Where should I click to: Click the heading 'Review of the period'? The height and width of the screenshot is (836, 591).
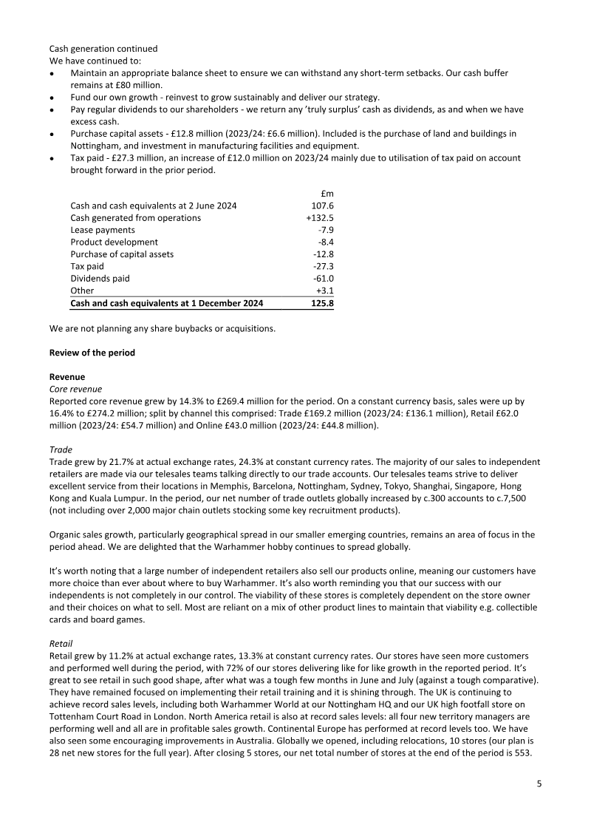(x=92, y=353)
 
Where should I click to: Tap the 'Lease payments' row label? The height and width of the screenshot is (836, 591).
(x=103, y=230)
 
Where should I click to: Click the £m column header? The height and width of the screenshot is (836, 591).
(x=327, y=194)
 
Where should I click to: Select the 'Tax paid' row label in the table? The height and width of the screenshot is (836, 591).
(x=87, y=266)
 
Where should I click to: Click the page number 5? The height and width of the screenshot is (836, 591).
(x=539, y=784)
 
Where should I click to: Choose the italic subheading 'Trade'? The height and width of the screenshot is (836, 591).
(x=61, y=449)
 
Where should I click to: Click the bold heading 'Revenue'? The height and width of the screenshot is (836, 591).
(x=66, y=376)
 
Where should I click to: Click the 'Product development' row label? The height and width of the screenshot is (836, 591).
(x=114, y=242)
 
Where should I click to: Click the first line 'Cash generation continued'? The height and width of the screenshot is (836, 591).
(x=103, y=49)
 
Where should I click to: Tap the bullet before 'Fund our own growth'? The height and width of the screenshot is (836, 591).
(x=52, y=97)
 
